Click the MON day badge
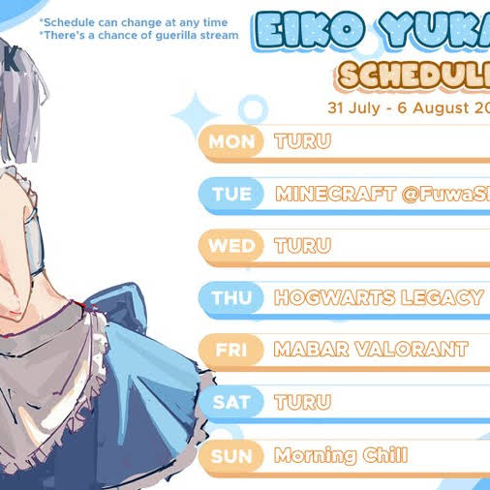[231, 141]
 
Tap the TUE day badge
[231, 194]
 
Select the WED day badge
[231, 246]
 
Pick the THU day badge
[231, 298]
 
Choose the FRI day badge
[231, 350]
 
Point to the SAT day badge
[231, 402]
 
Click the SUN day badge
[231, 455]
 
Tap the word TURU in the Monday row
[303, 141]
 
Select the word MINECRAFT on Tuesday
[336, 194]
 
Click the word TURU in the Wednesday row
[303, 246]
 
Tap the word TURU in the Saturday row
[303, 402]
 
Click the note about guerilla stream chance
[138, 36]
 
